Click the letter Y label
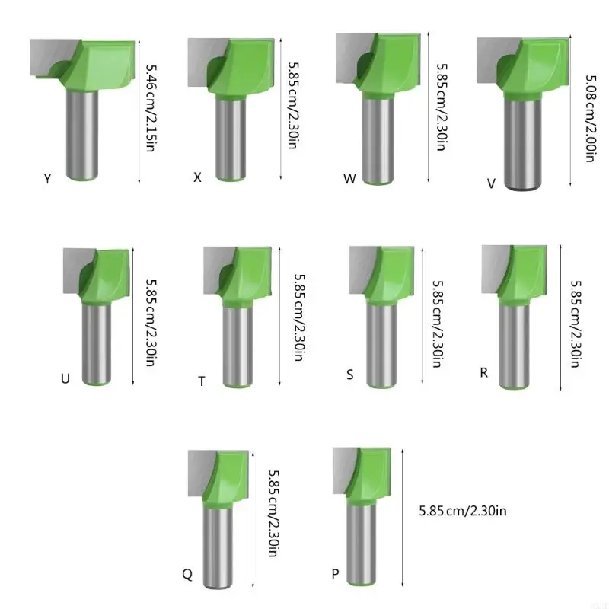(x=47, y=179)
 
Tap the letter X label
(x=197, y=177)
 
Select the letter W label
(x=349, y=180)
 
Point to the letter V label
(x=491, y=183)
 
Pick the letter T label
(x=201, y=381)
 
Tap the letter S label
(x=349, y=374)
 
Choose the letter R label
(x=483, y=372)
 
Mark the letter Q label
(x=187, y=575)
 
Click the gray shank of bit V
(x=521, y=145)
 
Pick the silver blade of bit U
(x=74, y=270)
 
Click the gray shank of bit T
(x=237, y=343)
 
